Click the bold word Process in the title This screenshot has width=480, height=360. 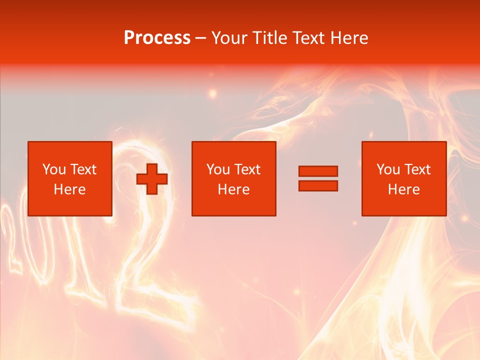(157, 38)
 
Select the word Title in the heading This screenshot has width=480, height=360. (271, 38)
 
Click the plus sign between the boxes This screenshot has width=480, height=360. (152, 179)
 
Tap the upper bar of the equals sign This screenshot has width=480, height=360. (318, 171)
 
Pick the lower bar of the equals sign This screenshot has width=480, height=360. (318, 185)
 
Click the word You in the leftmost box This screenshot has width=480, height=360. (54, 169)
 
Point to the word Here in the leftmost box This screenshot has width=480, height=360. (69, 189)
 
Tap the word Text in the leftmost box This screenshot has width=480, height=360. (83, 169)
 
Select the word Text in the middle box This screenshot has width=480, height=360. (247, 169)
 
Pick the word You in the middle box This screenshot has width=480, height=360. (218, 169)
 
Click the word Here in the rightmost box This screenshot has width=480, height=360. (403, 189)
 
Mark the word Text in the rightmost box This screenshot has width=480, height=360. (417, 169)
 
